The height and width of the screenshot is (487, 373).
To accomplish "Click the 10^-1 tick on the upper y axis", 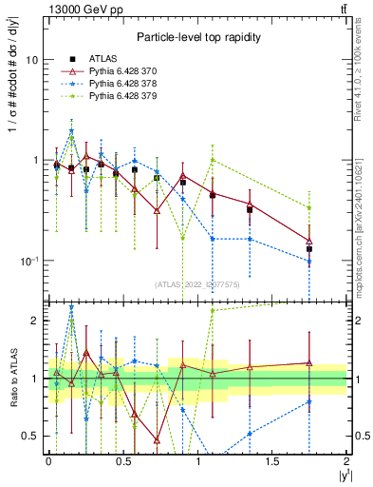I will pyautogui.click(x=30, y=261).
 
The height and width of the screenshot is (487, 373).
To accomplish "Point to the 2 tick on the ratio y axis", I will pyautogui.click(x=37, y=321).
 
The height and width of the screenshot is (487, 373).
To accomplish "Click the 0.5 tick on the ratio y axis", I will pyautogui.click(x=33, y=436).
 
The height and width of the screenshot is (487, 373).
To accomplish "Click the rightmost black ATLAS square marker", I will pyautogui.click(x=309, y=249).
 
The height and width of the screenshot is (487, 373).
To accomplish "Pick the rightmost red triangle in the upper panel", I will pyautogui.click(x=309, y=242).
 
